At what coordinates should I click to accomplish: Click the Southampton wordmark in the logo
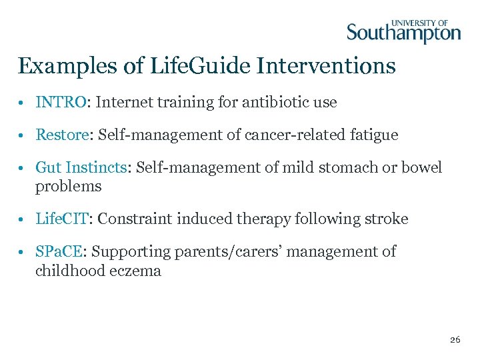pyautogui.click(x=403, y=33)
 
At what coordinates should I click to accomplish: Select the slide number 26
pyautogui.click(x=455, y=340)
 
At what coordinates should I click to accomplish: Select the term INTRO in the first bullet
pyautogui.click(x=61, y=103)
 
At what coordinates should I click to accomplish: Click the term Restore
pyautogui.click(x=62, y=135)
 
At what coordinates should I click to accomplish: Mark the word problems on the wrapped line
pyautogui.click(x=69, y=187)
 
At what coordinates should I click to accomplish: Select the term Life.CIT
pyautogui.click(x=63, y=219)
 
